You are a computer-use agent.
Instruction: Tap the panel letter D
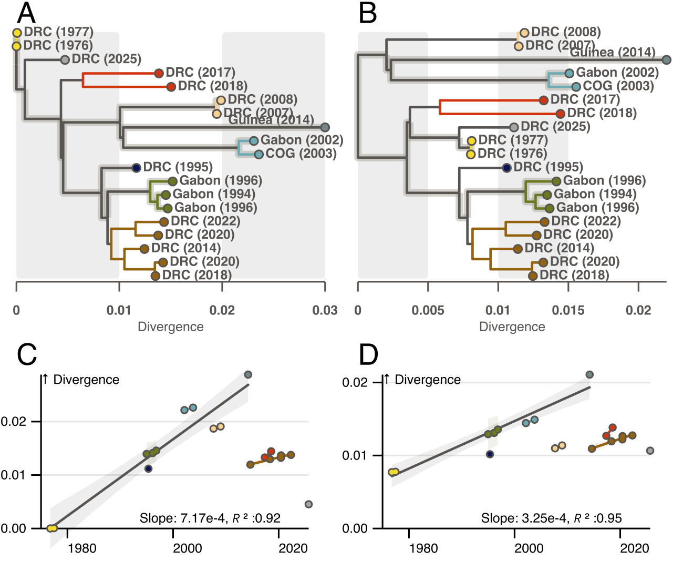click(x=368, y=355)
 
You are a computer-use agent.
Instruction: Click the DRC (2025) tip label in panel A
click(x=106, y=59)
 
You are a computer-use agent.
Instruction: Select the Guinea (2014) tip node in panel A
click(x=325, y=127)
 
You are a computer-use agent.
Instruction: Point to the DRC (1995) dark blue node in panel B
click(x=506, y=168)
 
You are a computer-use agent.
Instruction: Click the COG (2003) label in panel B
click(x=618, y=86)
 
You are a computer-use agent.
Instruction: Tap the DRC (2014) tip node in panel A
click(x=144, y=249)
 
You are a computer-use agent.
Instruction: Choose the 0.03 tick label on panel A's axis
click(x=325, y=310)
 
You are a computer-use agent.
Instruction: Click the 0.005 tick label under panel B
click(x=428, y=310)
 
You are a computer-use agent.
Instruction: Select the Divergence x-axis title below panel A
click(x=171, y=327)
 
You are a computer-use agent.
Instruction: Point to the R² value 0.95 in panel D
click(x=612, y=518)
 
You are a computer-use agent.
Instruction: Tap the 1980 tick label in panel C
click(x=82, y=548)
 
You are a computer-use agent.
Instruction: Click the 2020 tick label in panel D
click(x=635, y=548)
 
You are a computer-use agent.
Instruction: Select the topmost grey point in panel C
click(x=249, y=375)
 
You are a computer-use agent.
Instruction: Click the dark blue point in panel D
click(x=490, y=454)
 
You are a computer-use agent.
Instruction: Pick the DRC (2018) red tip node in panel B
click(x=561, y=114)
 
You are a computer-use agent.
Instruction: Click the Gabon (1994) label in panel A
click(x=214, y=195)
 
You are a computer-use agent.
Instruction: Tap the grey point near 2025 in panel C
click(x=308, y=504)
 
